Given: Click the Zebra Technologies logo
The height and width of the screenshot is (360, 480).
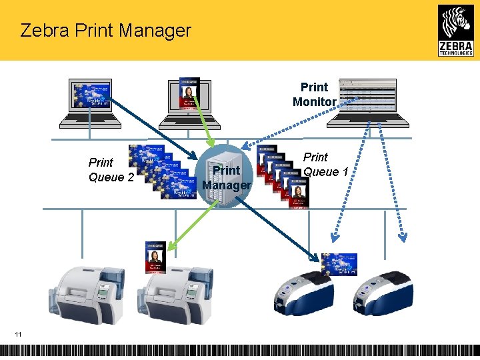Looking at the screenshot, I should [456, 30].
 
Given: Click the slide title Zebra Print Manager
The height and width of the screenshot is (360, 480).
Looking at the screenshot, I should [105, 30].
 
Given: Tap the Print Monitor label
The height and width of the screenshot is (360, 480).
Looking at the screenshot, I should [314, 94].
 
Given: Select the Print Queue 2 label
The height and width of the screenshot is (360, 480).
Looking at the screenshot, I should [111, 169].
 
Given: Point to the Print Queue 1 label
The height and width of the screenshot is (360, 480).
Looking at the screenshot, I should [325, 164].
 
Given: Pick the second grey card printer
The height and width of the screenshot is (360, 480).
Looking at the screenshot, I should [175, 294].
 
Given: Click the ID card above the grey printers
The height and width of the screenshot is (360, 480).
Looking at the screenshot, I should [155, 257].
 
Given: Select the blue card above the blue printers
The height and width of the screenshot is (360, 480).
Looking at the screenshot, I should [339, 264].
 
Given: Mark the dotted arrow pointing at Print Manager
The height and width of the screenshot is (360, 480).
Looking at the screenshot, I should [293, 123].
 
